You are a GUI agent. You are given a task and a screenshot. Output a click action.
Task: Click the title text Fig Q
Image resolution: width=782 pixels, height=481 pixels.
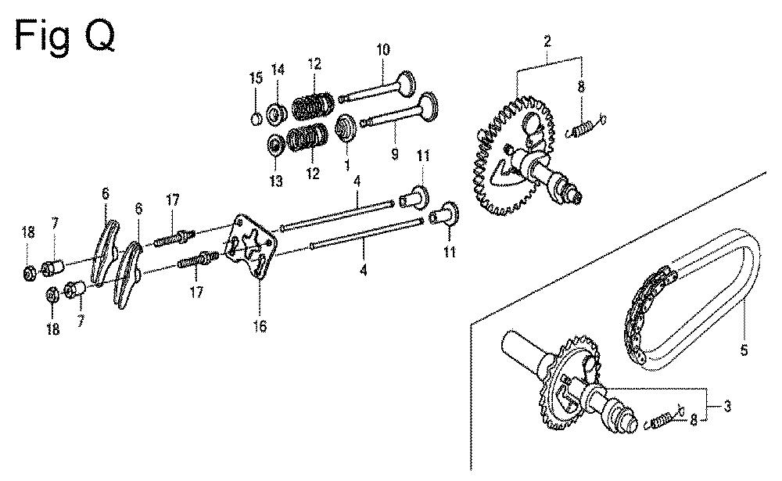[66, 36]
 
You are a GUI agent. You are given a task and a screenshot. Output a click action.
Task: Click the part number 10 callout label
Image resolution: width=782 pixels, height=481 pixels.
[383, 50]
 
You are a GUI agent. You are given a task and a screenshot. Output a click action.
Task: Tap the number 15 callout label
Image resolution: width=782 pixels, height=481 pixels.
[256, 78]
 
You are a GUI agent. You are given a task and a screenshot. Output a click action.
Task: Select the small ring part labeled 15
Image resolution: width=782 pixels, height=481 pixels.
[256, 119]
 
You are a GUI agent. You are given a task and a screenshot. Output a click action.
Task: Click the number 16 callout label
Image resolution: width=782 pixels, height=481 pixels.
[260, 326]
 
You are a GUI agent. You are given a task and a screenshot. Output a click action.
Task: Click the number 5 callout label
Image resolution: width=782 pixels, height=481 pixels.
[744, 350]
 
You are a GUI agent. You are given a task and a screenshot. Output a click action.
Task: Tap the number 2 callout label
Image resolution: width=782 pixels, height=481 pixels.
[547, 41]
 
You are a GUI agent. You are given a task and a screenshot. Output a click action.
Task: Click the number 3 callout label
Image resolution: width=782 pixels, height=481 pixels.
[727, 407]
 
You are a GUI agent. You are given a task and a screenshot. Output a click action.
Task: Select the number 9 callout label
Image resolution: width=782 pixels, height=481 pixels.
[394, 154]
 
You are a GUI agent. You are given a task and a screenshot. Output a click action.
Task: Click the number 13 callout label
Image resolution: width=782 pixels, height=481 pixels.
[276, 181]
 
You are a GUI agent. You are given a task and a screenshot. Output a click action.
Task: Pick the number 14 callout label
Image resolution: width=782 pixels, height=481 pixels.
[278, 70]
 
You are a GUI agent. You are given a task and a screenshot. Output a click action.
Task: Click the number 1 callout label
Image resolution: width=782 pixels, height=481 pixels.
[346, 164]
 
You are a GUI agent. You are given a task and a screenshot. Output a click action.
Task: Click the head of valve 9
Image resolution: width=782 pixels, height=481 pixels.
[428, 106]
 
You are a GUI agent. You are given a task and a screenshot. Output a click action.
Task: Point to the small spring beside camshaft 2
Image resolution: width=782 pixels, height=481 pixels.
[586, 127]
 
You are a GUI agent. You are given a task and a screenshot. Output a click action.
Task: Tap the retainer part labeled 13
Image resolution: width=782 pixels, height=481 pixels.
[276, 144]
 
